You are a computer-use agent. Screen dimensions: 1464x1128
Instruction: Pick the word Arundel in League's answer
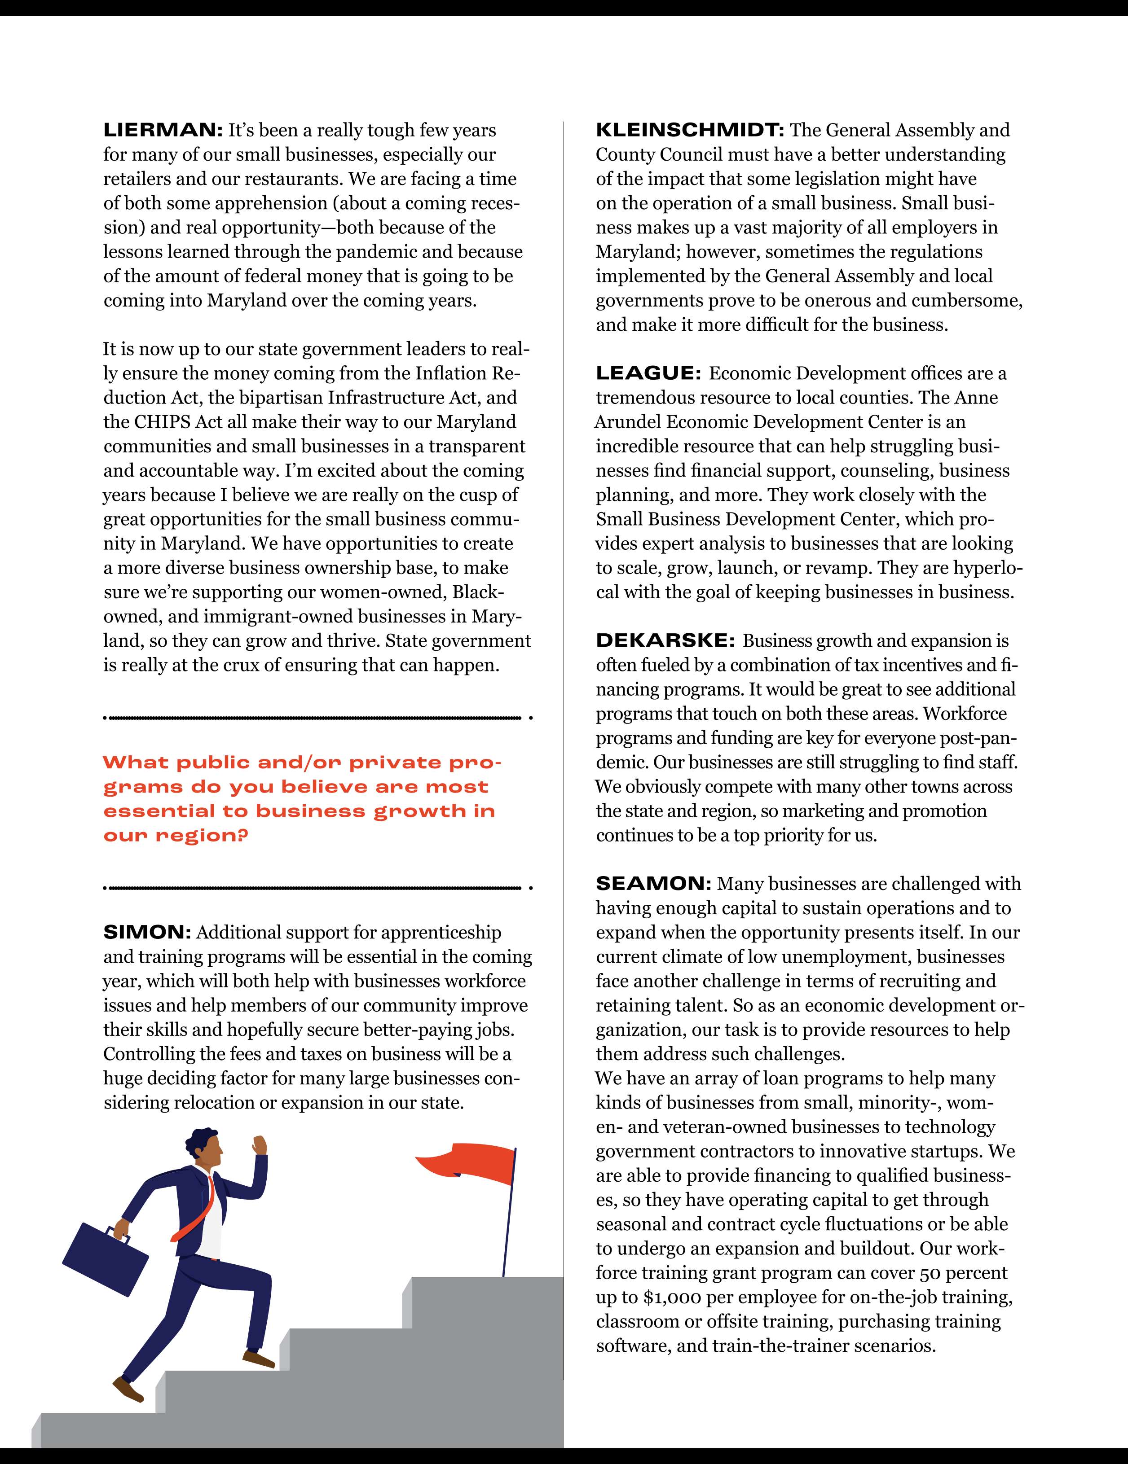click(628, 421)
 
